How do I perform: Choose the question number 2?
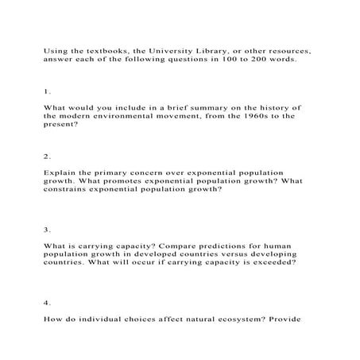47,156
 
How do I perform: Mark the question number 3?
47,230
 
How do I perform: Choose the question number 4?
47,303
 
